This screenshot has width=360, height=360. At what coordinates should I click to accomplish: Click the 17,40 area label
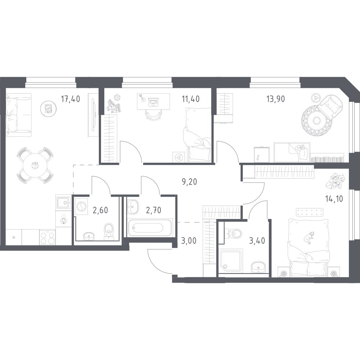click(70, 99)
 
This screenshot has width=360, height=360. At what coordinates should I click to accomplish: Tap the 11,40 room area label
click(191, 99)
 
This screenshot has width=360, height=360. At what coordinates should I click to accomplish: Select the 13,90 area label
click(275, 99)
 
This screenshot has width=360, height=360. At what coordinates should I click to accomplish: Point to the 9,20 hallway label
click(190, 182)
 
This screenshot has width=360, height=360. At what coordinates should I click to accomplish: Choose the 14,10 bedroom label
click(334, 198)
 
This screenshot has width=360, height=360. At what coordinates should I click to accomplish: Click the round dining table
click(35, 165)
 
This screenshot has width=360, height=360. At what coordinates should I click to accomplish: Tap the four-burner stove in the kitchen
click(47, 238)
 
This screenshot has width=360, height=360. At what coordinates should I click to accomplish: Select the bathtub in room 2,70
click(149, 228)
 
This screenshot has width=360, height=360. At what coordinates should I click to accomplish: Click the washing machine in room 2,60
click(81, 206)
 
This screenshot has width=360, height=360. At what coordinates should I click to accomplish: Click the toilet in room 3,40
click(234, 234)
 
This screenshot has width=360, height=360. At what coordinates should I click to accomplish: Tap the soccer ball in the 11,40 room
click(117, 98)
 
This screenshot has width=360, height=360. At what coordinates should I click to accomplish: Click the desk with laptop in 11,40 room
click(153, 102)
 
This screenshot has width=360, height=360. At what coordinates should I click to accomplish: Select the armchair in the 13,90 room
click(331, 106)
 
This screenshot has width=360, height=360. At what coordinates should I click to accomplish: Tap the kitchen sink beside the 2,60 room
click(63, 202)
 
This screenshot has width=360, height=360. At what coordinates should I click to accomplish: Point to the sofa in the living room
click(18, 115)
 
